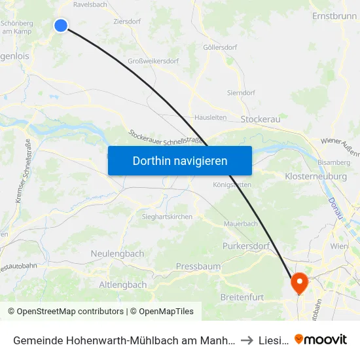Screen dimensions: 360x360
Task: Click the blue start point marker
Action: point(61,26)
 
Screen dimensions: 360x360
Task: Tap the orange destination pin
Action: point(300,283)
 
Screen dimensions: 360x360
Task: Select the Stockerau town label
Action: point(261,119)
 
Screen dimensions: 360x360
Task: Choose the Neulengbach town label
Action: point(117,253)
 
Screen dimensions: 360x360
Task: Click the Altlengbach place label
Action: point(122,285)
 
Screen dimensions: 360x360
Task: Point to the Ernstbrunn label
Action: point(334,15)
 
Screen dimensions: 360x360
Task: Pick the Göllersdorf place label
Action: point(220,47)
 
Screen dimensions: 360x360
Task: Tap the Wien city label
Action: point(339,246)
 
